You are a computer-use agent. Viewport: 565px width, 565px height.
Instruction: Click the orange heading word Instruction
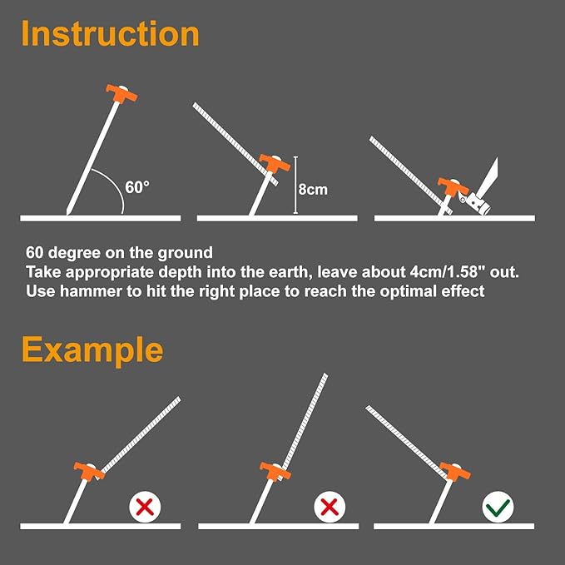pos(111,34)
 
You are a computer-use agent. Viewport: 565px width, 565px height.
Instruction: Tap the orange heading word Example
pos(92,349)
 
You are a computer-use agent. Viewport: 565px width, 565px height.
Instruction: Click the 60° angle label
pos(137,187)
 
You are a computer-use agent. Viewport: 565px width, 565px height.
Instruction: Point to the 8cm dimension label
pos(313,189)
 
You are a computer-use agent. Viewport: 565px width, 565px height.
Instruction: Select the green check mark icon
pos(499,505)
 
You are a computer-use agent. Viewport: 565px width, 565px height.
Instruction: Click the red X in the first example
pos(145,505)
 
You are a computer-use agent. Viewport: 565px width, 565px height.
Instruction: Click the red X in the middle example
pos(330,505)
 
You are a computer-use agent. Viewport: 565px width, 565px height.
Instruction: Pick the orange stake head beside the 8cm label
pos(272,163)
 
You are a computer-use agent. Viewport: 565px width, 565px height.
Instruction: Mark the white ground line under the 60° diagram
pos(100,218)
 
